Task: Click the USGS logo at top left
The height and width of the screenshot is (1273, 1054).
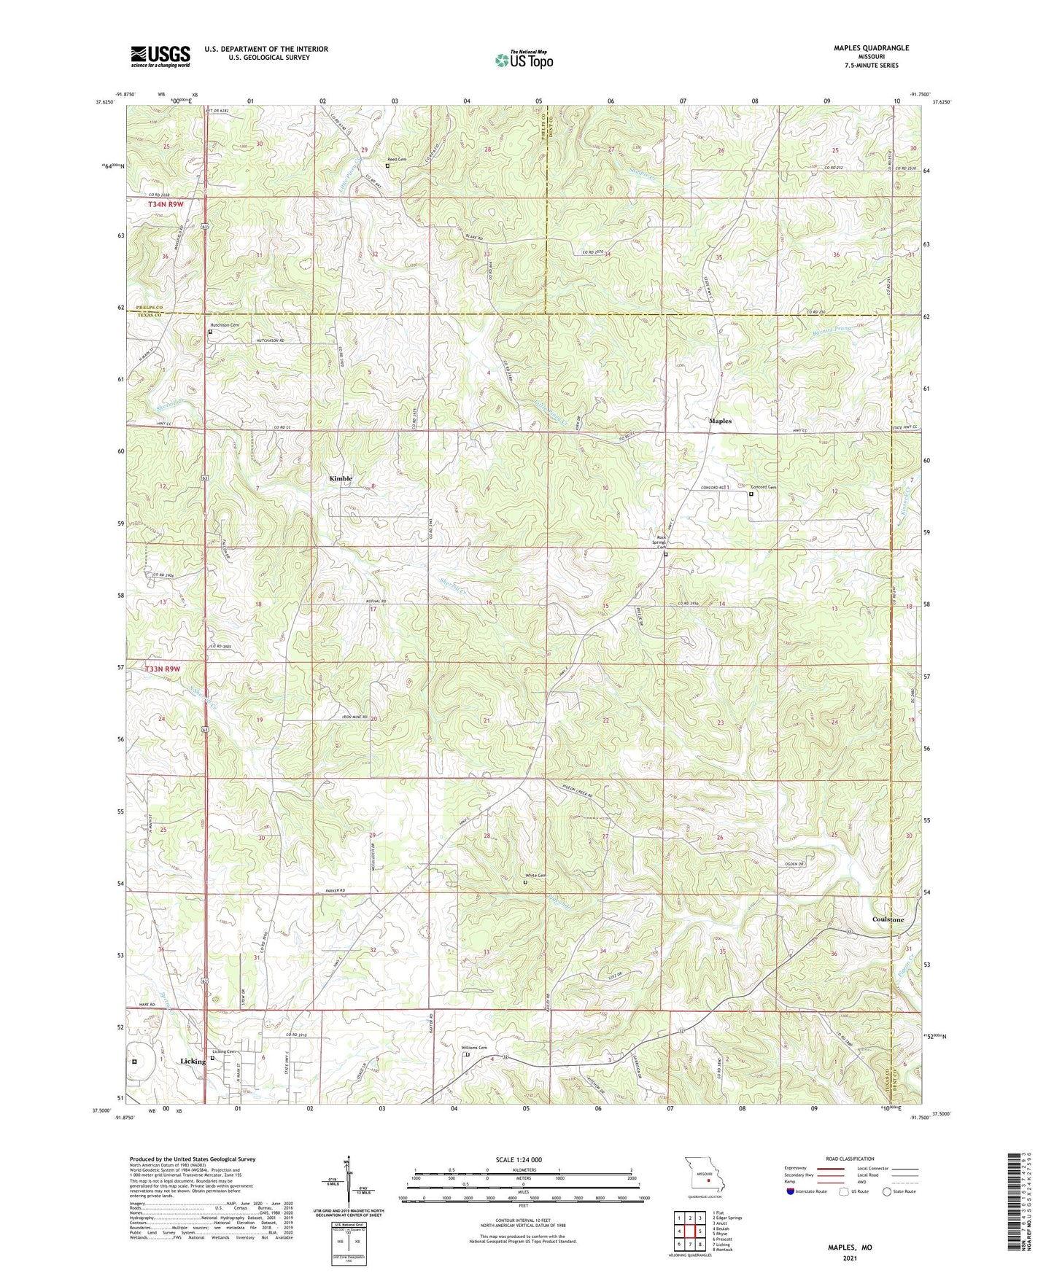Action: coord(160,56)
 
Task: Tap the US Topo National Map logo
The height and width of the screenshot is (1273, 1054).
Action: coord(523,60)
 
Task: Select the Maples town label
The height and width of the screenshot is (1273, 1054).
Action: coord(720,421)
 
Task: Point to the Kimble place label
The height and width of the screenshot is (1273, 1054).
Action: coord(341,478)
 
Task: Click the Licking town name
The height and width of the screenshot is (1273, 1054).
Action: coord(193,1062)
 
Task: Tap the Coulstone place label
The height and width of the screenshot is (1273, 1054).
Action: coord(888,919)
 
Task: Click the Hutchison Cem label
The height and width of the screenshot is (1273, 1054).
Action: coord(225,325)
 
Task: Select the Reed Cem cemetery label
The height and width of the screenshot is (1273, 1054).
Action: coord(397,159)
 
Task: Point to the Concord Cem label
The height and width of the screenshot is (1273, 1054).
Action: coord(764,487)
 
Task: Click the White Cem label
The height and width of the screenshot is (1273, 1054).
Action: coord(536,876)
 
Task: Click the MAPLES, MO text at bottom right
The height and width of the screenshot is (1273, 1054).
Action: coord(849,1247)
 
